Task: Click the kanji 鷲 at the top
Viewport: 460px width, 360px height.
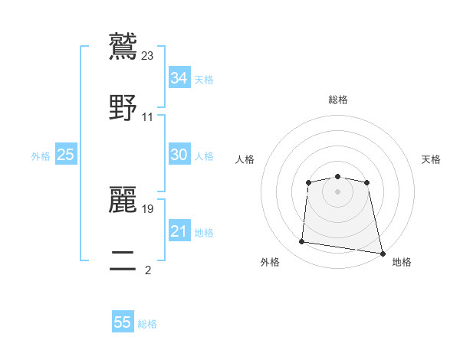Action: tap(123, 46)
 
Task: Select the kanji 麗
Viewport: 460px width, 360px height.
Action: tap(123, 199)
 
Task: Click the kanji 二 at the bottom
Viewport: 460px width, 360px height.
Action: tap(123, 261)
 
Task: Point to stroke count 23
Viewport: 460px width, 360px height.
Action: tap(148, 55)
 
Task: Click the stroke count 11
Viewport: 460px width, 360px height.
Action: tap(148, 117)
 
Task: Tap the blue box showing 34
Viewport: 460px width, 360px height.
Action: tap(179, 78)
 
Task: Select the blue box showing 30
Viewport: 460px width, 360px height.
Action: tap(179, 155)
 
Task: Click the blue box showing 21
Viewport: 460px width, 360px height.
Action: tap(179, 231)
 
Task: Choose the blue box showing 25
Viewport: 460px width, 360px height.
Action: tap(66, 155)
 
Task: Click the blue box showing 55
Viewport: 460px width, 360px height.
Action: tap(123, 322)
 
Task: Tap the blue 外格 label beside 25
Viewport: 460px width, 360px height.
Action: tap(41, 156)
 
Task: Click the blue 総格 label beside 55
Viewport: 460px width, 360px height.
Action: tap(147, 324)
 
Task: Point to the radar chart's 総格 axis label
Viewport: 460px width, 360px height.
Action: tap(338, 100)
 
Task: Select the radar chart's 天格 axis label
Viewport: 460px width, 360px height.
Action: tap(431, 159)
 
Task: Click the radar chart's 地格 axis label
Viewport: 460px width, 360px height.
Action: tap(402, 262)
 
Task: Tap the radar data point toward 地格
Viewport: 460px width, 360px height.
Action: tap(383, 252)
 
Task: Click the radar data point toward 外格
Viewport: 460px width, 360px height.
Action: tap(302, 242)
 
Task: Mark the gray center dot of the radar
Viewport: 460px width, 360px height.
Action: tap(337, 191)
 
